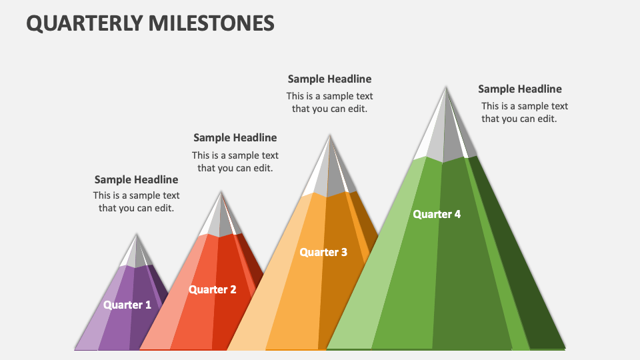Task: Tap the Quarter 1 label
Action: tap(127, 305)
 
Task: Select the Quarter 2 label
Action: tap(213, 289)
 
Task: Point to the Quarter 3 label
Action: tap(323, 252)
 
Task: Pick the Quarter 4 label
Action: tap(437, 214)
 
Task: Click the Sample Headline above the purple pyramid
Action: tap(136, 179)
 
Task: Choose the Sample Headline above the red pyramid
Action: tap(235, 137)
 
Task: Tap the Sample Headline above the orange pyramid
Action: tap(329, 79)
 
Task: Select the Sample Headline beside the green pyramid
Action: tap(520, 89)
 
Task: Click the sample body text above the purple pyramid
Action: tap(136, 201)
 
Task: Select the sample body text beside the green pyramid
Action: tap(524, 112)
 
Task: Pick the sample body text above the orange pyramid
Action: tap(329, 102)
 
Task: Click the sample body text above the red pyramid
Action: tap(235, 161)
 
